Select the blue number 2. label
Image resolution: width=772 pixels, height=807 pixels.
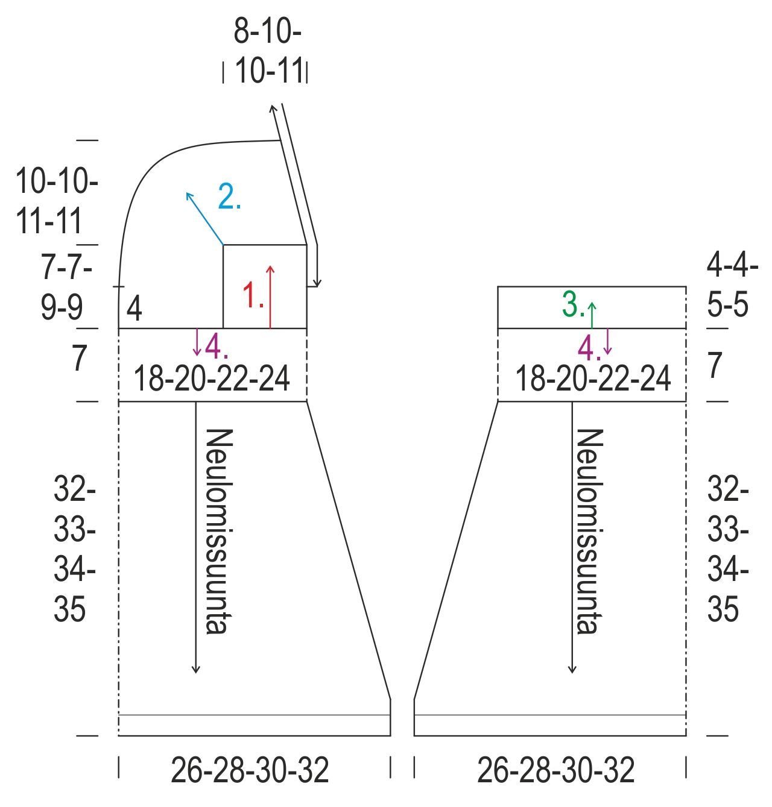[x=229, y=196]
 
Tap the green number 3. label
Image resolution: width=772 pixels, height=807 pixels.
[x=573, y=304]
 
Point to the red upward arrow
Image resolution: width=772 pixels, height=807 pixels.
[x=270, y=297]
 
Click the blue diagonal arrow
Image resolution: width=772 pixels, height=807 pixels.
[x=204, y=219]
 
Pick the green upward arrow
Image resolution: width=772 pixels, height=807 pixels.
[x=592, y=315]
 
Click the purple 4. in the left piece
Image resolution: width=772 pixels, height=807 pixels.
[x=217, y=347]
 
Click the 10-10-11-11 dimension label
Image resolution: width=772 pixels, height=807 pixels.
[x=57, y=200]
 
